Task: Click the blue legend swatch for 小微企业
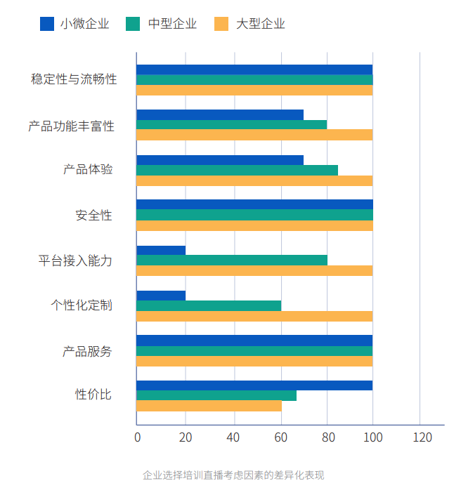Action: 47,24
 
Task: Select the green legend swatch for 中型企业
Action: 133,24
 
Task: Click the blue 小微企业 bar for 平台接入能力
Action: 161,250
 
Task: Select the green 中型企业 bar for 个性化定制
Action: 209,305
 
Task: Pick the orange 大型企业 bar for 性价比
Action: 209,406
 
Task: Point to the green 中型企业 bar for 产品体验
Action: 237,170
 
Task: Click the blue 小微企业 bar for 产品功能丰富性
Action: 220,114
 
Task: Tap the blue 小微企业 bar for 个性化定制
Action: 161,296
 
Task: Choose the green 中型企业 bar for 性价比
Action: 216,396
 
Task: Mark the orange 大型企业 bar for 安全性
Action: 254,225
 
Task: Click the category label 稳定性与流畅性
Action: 74,79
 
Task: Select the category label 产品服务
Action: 87,351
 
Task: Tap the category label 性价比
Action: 93,395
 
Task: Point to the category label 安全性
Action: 93,215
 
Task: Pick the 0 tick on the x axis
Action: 137,437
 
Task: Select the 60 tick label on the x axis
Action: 280,437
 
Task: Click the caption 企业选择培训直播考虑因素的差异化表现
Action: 233,475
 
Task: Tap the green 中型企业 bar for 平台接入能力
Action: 232,260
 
